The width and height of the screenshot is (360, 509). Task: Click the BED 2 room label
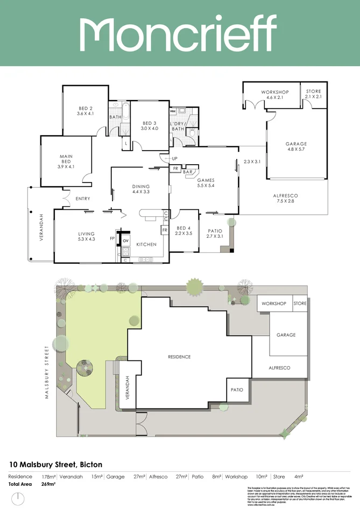pos(85,108)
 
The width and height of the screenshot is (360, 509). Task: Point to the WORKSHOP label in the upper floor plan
pos(275,92)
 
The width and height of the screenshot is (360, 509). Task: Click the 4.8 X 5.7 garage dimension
pos(296,150)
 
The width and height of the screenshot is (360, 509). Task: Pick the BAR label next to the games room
pos(188,172)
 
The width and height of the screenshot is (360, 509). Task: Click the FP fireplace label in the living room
pos(112,238)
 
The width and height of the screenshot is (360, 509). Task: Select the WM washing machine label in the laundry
pos(173,112)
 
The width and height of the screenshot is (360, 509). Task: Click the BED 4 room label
pos(184,228)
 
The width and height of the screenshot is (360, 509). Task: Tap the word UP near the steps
pos(174,159)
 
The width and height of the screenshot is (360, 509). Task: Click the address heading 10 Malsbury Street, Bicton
pos(56,464)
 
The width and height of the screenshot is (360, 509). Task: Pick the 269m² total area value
pos(48,484)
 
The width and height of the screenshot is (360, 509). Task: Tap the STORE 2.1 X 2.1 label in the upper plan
pos(313,94)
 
